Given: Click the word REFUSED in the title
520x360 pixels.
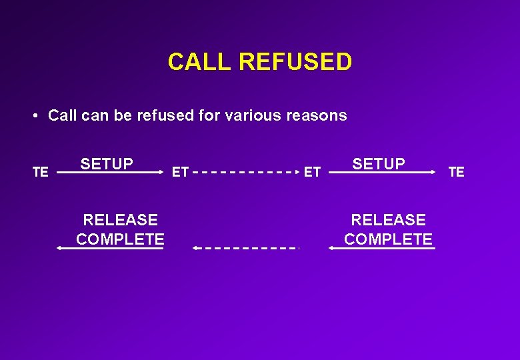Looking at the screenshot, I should [x=295, y=62].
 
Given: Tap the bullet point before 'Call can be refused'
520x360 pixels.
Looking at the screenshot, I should [x=34, y=115].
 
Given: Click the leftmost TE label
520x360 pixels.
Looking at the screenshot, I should [x=41, y=172].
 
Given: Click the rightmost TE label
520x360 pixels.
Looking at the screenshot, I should [x=456, y=172].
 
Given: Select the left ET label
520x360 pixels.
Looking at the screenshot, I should [x=180, y=172].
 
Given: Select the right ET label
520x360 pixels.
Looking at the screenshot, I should [x=312, y=172].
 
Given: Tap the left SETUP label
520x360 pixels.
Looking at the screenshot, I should [x=107, y=163].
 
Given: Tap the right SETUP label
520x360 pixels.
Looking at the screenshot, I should [x=379, y=163].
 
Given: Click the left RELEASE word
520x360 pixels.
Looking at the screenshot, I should [x=120, y=219].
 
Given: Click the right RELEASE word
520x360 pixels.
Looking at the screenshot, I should [x=388, y=219].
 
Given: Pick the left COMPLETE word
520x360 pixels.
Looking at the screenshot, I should [x=120, y=239].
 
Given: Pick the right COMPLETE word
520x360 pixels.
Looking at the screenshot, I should [x=388, y=239].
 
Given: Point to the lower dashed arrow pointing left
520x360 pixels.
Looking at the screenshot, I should [x=245, y=248].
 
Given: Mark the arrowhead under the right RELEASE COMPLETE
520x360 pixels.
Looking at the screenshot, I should [x=331, y=248].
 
